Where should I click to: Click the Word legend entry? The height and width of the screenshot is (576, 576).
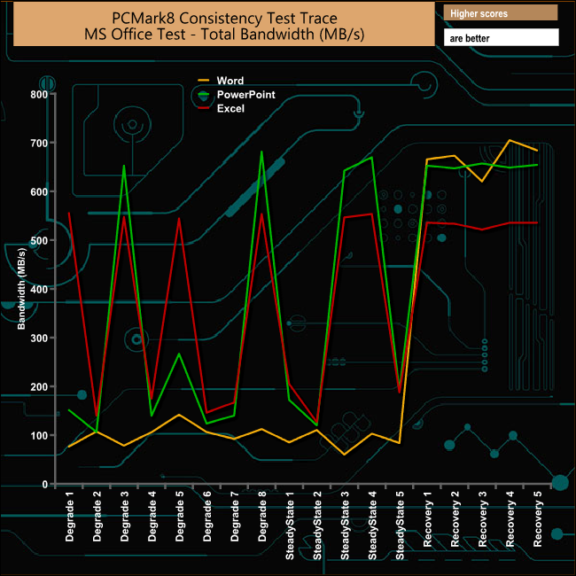[x=230, y=81]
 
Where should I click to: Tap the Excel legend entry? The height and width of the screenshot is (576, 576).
[x=230, y=108]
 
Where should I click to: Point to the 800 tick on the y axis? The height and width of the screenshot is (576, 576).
[x=39, y=94]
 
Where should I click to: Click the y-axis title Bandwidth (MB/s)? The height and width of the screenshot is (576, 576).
[x=21, y=289]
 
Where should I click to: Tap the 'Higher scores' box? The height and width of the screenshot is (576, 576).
[x=500, y=12]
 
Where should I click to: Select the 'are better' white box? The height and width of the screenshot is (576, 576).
[x=500, y=38]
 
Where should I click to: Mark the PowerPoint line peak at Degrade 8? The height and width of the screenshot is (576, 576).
[x=261, y=152]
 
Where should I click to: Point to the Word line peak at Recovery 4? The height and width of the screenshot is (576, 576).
[x=509, y=140]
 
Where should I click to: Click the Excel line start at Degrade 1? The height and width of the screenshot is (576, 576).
[x=69, y=213]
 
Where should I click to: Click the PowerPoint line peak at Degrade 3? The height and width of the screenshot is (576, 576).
[x=124, y=165]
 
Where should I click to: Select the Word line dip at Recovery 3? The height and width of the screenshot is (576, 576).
[x=481, y=182]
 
